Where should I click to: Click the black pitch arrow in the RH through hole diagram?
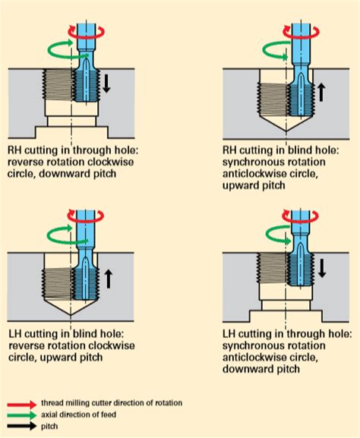(106, 84)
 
